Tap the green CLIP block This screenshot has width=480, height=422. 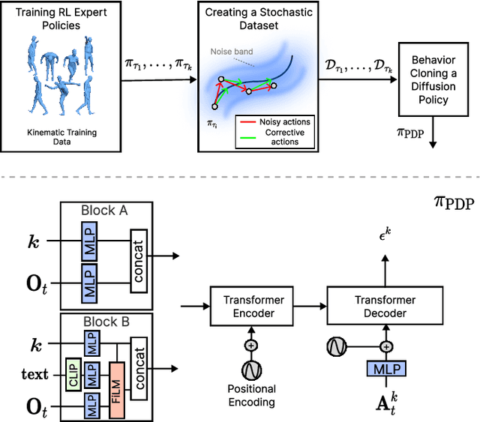tap(72, 373)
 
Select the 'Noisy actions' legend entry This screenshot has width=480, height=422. tap(278, 121)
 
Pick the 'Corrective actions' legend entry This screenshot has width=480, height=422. tap(278, 136)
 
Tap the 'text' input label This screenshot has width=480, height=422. tap(34, 373)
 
